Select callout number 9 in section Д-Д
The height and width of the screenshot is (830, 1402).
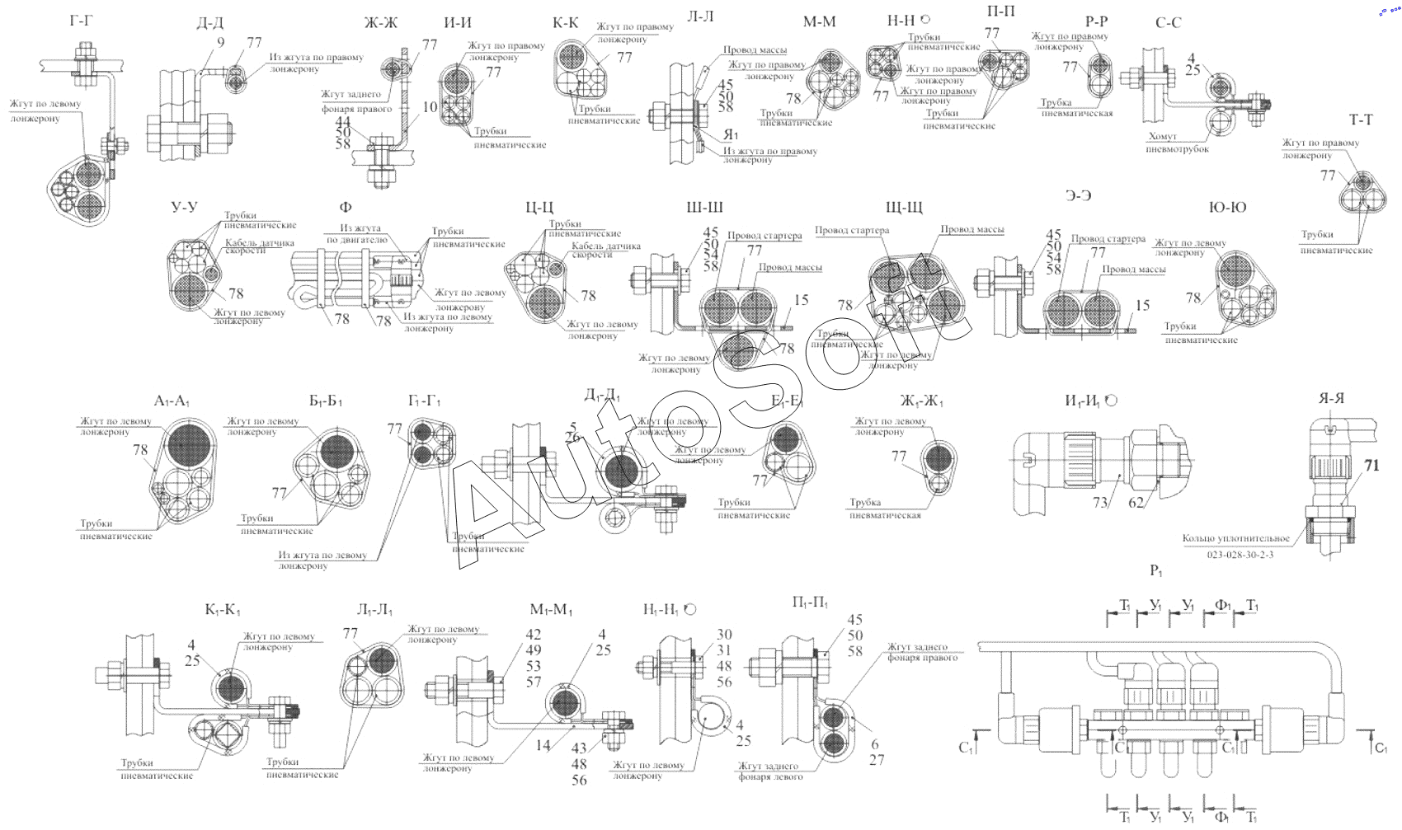point(220,42)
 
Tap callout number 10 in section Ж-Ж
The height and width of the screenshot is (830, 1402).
point(430,106)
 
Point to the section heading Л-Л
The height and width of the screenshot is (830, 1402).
point(700,16)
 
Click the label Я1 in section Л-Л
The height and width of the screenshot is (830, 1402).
point(731,134)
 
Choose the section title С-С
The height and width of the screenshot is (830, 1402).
point(1168,22)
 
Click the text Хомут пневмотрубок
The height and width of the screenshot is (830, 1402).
point(1177,143)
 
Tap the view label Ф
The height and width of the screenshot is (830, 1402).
point(345,207)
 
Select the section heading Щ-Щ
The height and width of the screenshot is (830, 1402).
point(904,207)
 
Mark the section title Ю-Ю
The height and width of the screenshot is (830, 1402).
point(1227,207)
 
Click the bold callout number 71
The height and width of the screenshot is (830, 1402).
point(1371,466)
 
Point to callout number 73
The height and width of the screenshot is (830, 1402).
point(1100,502)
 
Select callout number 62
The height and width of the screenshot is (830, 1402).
point(1136,502)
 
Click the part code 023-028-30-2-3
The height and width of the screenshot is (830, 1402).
point(1240,555)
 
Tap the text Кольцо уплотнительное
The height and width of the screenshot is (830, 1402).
point(1235,538)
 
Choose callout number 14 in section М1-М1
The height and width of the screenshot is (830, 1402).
point(543,745)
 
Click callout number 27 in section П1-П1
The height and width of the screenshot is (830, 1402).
point(877,760)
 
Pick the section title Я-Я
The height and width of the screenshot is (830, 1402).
point(1331,398)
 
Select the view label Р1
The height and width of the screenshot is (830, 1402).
point(1156,570)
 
